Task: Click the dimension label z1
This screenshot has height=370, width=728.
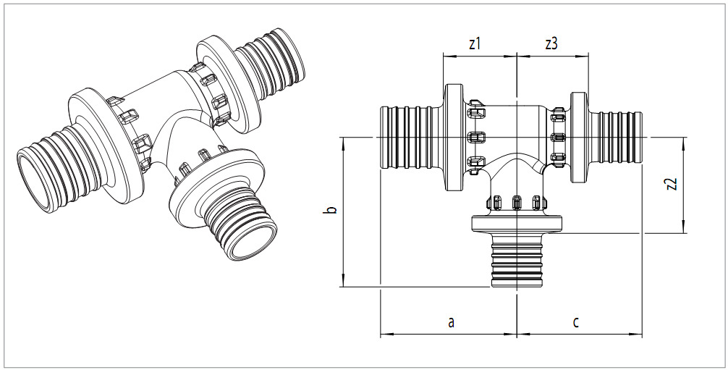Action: [475, 43]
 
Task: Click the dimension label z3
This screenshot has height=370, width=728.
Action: [551, 43]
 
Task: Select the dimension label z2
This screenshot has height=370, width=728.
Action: [672, 184]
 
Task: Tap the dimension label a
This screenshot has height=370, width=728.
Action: [451, 321]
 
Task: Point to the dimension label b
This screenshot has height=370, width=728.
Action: [331, 210]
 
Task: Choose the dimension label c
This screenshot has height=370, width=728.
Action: [576, 321]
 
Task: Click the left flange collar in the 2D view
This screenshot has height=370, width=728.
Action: [454, 137]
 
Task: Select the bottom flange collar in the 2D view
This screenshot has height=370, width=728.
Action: [517, 225]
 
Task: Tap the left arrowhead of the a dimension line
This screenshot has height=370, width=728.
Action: [384, 335]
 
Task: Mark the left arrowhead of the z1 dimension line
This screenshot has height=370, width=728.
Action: [446, 56]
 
